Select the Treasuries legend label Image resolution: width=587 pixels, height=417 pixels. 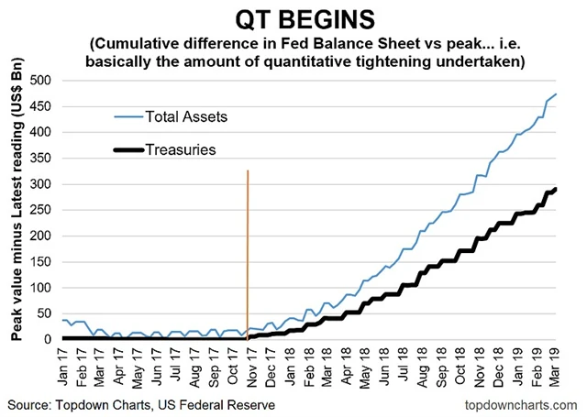[x=183, y=148]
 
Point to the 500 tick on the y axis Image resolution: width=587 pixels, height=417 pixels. [x=39, y=81]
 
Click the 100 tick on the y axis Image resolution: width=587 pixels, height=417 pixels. [x=39, y=288]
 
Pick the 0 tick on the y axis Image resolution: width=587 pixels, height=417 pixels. [x=48, y=340]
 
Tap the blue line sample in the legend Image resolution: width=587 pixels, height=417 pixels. [x=128, y=116]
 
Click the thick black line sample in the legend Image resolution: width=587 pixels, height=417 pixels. [x=128, y=148]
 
